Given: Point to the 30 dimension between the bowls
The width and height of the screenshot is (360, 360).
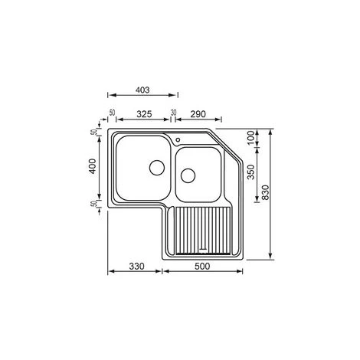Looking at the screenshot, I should coord(174,113).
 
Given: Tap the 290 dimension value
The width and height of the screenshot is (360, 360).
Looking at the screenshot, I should coord(198,113).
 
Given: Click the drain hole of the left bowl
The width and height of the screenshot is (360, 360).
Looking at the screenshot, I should coord(156,166).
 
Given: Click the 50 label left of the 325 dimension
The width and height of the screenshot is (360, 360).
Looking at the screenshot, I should coord(113,114).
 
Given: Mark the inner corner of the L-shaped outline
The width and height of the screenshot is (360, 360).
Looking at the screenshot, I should coord(165,208).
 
